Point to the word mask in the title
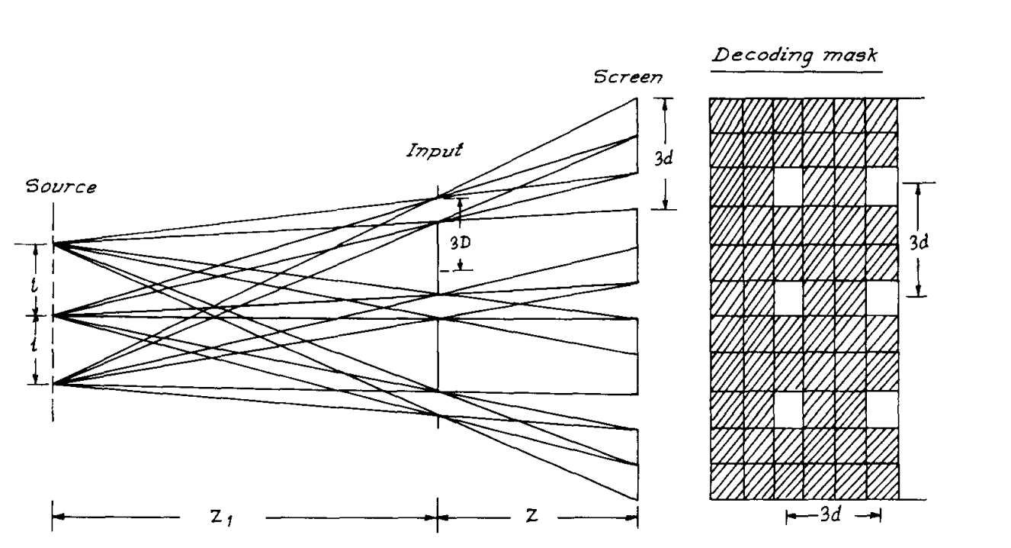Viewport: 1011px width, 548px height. click(x=853, y=58)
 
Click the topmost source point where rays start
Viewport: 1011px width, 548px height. click(x=53, y=244)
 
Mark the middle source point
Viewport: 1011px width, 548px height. click(x=53, y=314)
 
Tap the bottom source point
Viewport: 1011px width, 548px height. click(x=53, y=384)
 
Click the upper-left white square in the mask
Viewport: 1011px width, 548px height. click(x=788, y=186)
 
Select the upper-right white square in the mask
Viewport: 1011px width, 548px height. click(x=882, y=186)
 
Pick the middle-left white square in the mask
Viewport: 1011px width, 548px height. click(x=788, y=298)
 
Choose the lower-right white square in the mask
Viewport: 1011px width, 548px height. click(x=882, y=410)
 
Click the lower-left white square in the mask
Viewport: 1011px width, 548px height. click(x=788, y=410)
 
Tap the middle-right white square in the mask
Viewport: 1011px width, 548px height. click(x=882, y=298)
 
